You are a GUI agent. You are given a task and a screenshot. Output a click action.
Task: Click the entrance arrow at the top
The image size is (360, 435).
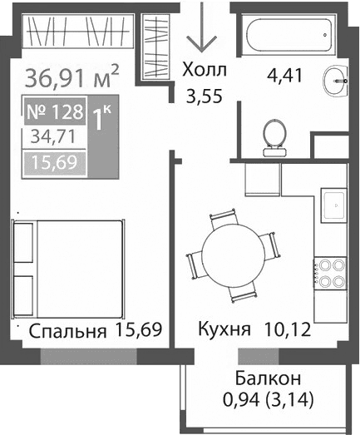200,31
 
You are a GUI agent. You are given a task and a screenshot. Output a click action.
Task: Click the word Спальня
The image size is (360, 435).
67,332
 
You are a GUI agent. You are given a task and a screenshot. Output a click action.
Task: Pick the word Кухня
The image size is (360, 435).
224,330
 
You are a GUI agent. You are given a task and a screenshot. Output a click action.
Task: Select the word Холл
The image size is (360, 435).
205,70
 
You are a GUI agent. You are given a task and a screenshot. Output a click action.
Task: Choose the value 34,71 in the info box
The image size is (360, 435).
54,136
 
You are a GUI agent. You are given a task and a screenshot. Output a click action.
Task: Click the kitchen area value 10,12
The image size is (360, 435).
286,330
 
